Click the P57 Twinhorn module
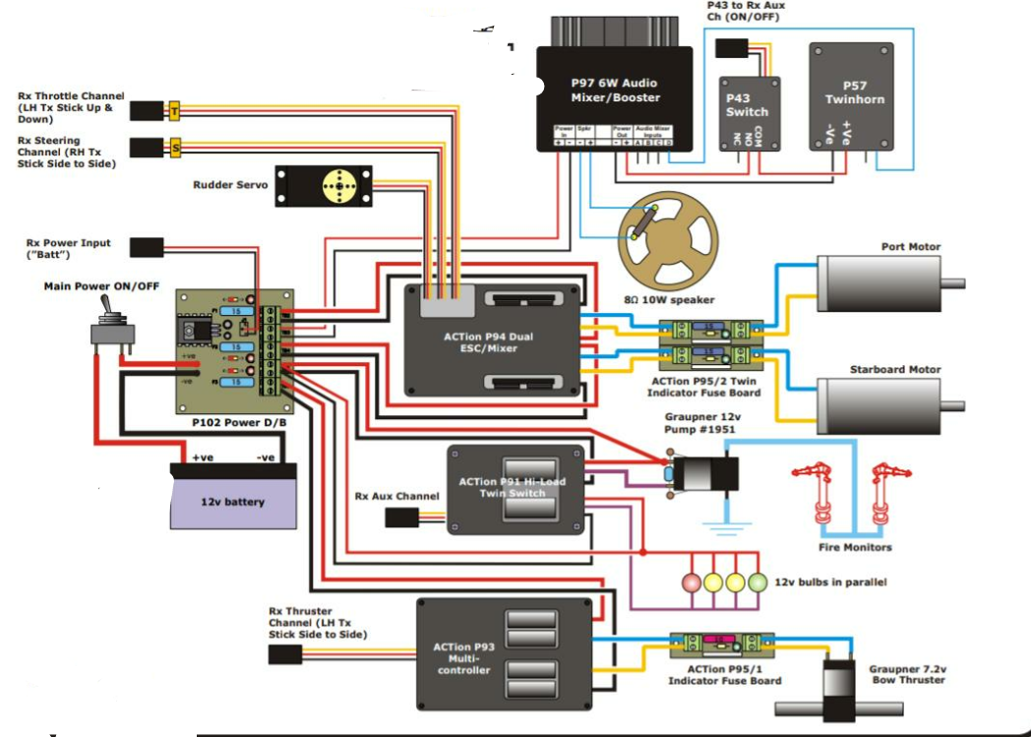(x=851, y=96)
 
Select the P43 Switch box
(x=750, y=112)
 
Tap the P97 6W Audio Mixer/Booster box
(x=615, y=98)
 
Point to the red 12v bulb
(x=692, y=582)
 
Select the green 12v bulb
(x=757, y=582)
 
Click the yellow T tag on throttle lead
(x=175, y=111)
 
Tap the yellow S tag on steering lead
(x=175, y=148)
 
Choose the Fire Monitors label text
(x=855, y=547)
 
